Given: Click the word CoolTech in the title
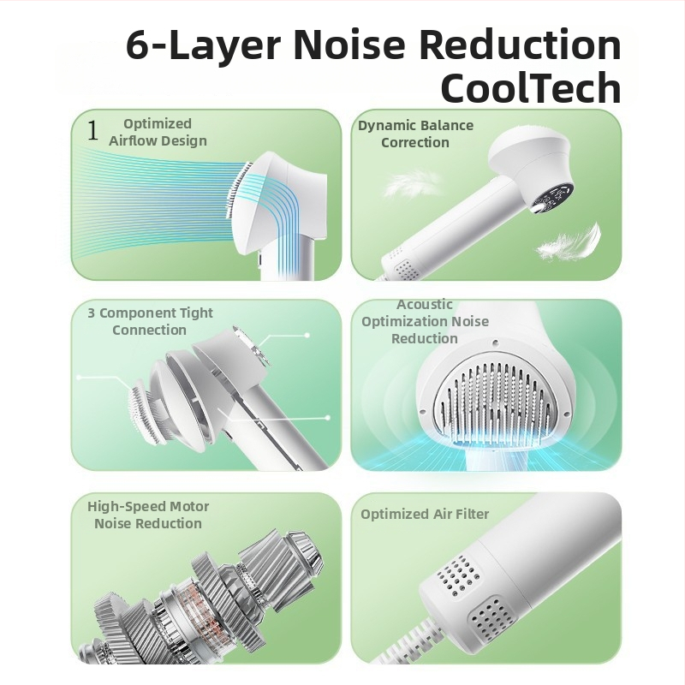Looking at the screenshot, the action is [531, 87].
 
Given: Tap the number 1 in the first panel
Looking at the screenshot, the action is [92, 130].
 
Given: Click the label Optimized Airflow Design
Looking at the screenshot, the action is [158, 132].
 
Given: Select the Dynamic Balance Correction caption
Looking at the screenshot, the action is [415, 134].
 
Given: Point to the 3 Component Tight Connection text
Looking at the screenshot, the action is [150, 321].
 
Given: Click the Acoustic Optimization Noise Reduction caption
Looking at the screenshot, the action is [425, 322].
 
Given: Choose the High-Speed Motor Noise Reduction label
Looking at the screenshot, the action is [148, 515].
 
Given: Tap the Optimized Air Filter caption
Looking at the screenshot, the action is [425, 515].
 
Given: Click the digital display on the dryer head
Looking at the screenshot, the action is [551, 199].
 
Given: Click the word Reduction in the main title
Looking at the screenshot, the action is [520, 44].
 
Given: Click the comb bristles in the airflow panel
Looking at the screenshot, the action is [238, 190].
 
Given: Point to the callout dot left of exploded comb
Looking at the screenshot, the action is [79, 377].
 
